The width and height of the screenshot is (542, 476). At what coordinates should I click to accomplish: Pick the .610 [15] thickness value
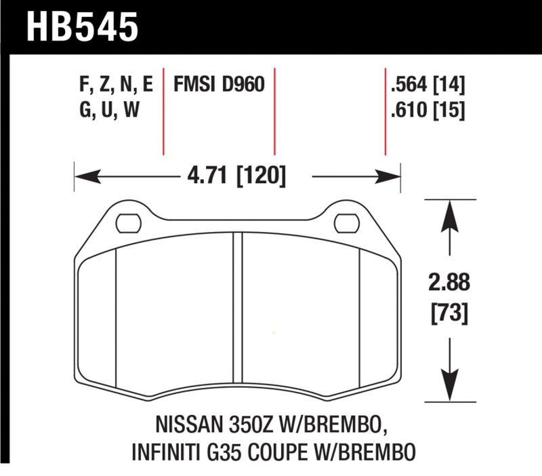[428, 110]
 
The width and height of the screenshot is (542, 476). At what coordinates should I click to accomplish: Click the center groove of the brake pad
[237, 312]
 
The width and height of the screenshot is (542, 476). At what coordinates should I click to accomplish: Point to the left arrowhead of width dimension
[81, 178]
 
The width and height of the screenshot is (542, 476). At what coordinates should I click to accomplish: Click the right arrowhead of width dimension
[395, 178]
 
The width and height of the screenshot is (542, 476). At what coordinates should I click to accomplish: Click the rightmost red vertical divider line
[385, 112]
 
